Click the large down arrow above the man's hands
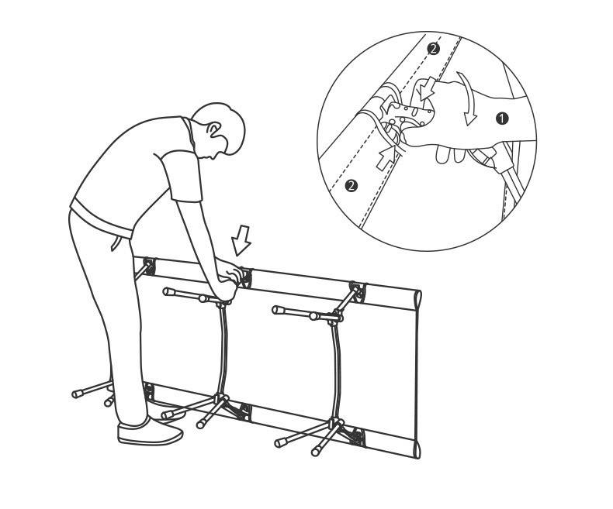(241, 240)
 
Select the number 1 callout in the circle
(502, 119)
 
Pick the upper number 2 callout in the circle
(433, 49)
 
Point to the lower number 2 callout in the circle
(352, 185)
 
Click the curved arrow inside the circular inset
(468, 98)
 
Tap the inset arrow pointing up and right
(386, 157)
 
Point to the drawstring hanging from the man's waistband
(115, 242)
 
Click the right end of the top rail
(417, 300)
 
